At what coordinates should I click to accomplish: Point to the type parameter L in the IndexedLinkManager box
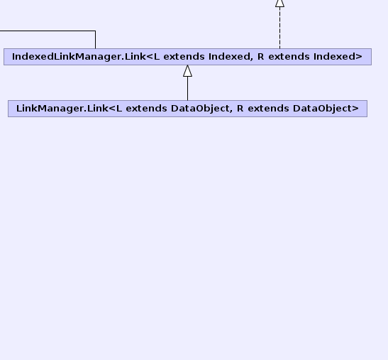(157, 57)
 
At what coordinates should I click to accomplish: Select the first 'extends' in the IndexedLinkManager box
(184, 57)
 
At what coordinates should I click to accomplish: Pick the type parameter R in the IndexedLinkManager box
(260, 57)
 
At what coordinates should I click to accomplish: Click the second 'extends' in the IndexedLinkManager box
(289, 57)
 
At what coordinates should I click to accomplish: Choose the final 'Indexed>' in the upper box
(338, 57)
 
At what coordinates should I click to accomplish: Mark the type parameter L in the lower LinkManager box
(119, 109)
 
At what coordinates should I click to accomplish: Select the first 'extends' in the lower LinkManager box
(146, 109)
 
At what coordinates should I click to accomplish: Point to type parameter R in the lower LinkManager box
(240, 109)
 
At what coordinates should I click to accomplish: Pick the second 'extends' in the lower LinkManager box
(268, 109)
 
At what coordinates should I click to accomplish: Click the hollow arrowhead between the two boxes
(187, 71)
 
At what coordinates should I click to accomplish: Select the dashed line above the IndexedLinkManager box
(280, 28)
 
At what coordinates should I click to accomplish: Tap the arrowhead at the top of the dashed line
(280, 3)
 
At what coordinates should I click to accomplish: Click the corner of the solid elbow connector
(95, 31)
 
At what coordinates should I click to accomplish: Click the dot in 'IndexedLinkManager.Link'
(123, 60)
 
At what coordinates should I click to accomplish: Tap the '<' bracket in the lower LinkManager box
(112, 109)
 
